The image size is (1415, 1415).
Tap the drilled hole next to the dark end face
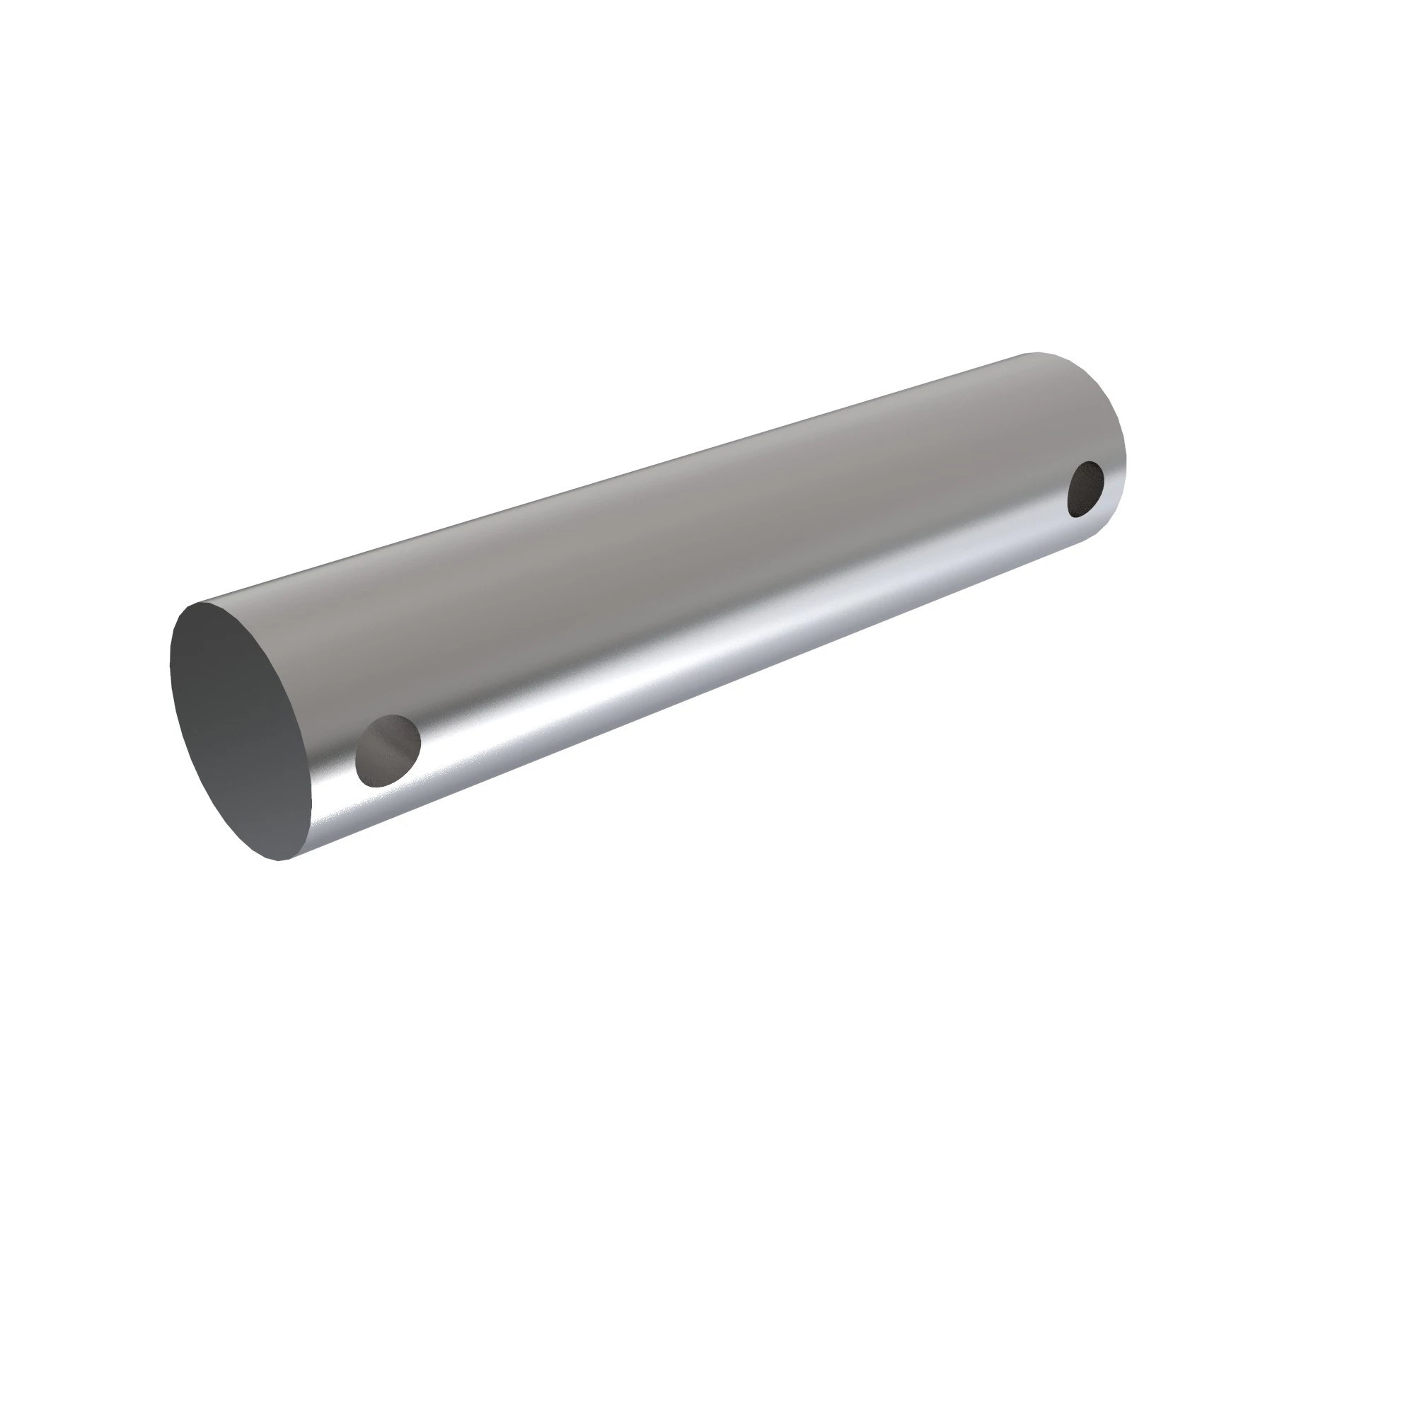tap(388, 751)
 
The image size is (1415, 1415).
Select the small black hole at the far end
tap(1085, 490)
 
